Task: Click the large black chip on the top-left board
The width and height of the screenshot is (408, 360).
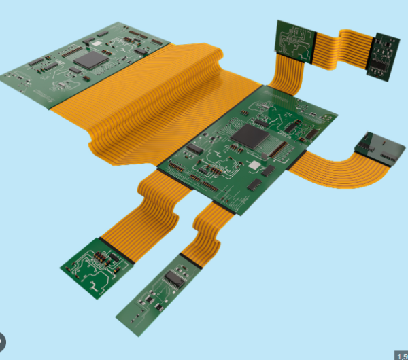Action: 90,60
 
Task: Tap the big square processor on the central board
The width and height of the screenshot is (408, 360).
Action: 249,136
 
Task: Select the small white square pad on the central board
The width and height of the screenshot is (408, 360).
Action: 254,165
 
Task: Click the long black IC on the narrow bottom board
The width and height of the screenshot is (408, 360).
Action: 175,278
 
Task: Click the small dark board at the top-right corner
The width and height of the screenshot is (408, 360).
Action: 383,56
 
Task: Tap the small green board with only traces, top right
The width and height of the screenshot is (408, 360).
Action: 294,39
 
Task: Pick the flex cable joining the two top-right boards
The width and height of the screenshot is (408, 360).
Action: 344,49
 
